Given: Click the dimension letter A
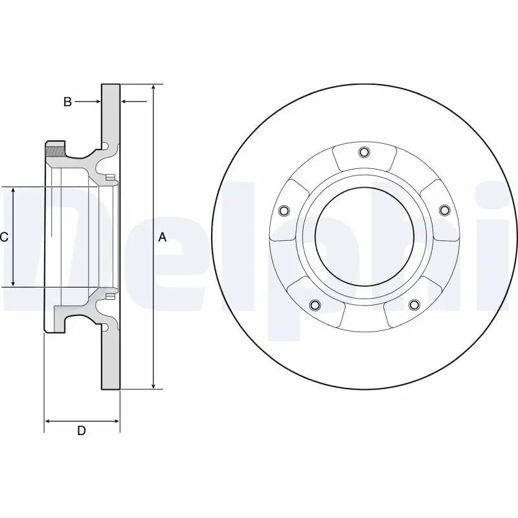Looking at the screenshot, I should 163,238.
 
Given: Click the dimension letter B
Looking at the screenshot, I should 67,102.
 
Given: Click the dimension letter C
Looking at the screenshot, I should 4,238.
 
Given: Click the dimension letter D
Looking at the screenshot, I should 82,431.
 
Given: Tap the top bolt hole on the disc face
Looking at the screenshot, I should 363,153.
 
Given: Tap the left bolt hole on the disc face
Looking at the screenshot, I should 283,210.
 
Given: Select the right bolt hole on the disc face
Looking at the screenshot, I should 444,210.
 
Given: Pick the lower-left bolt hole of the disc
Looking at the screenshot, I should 315,305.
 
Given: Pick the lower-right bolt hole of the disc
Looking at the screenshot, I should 413,305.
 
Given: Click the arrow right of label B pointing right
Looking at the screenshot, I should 97,102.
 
